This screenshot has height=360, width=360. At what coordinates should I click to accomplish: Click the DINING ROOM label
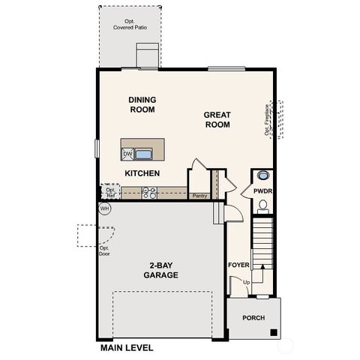pos(142,104)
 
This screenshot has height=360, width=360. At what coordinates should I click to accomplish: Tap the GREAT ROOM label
pos(217,120)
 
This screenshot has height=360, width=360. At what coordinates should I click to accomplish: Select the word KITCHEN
pos(142,173)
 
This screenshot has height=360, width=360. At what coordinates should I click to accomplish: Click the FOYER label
pos(238,265)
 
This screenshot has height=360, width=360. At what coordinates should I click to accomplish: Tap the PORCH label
pos(253,318)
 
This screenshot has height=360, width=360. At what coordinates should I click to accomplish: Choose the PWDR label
pos(262,191)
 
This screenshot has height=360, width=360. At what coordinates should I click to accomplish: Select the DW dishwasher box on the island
pos(127,154)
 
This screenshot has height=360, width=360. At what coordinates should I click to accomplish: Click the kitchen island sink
pos(143,154)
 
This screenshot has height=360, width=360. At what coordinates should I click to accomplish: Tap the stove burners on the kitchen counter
pos(149,193)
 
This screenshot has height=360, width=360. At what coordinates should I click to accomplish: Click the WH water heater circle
pos(104,208)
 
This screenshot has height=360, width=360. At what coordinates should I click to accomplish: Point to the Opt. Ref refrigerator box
pos(110,193)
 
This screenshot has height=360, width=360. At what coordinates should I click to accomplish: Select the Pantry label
pos(199,196)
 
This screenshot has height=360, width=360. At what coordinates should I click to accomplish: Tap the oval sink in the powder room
pos(263,177)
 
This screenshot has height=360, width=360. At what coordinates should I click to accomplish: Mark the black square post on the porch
pos(274,332)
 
